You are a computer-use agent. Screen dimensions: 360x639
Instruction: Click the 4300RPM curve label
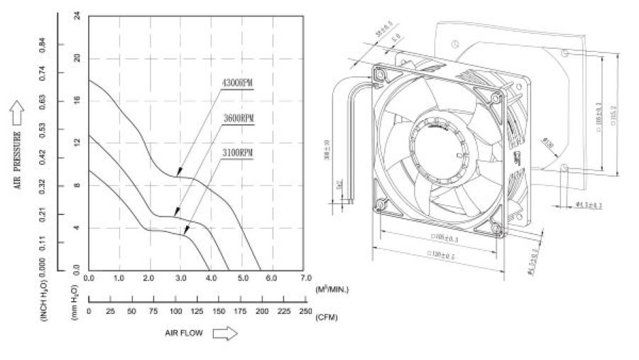238,83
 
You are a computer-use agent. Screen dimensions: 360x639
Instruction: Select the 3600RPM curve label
238,120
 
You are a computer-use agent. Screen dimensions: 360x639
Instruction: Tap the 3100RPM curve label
238,153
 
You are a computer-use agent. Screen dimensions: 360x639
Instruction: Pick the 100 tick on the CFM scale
175,312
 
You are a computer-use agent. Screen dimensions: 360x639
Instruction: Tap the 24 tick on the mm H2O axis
77,16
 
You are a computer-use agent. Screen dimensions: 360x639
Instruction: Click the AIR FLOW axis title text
181,334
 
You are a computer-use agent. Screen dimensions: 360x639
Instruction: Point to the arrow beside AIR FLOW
224,334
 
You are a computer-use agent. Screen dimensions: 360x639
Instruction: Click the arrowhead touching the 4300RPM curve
177,173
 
